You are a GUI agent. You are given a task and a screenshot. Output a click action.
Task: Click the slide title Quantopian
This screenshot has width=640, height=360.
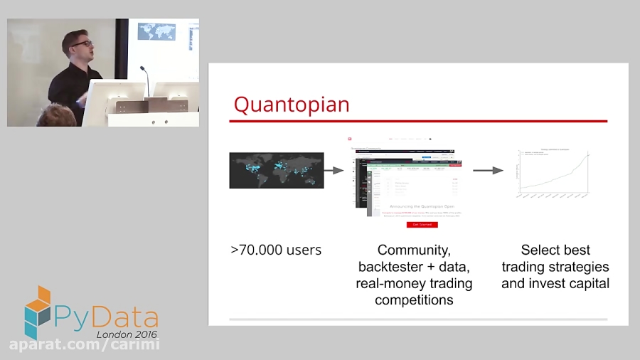(292, 105)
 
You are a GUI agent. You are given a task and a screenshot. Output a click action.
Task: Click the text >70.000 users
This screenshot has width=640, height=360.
(276, 250)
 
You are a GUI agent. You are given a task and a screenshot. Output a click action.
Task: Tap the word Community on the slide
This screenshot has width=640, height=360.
(414, 250)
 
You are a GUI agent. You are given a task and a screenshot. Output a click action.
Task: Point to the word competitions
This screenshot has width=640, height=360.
(414, 300)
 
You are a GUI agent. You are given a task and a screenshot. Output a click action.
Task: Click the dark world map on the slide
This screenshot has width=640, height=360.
(276, 170)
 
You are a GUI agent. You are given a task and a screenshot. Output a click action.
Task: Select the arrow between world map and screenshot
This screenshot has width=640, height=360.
(334, 170)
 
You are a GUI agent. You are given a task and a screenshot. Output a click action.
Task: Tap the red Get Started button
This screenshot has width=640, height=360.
(422, 224)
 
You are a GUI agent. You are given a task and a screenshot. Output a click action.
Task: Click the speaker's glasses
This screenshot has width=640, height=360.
(82, 44)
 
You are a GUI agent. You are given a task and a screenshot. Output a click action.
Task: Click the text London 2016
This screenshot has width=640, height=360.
(127, 334)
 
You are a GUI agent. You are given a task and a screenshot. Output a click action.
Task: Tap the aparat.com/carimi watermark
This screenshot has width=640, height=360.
(84, 345)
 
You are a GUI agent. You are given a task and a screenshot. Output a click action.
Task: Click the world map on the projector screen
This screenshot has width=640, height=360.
(156, 31)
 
